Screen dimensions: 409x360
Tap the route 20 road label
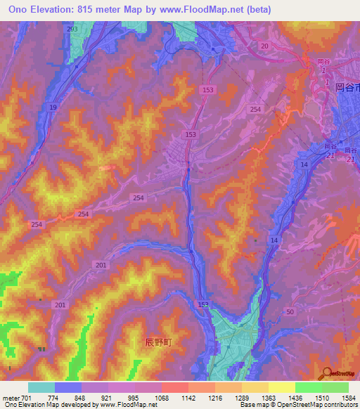(264, 46)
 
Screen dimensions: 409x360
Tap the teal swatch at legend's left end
(41, 387)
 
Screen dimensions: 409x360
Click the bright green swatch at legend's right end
(335, 387)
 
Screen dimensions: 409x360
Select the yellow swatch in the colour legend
(282, 387)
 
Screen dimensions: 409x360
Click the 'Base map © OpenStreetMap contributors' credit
(298, 405)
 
